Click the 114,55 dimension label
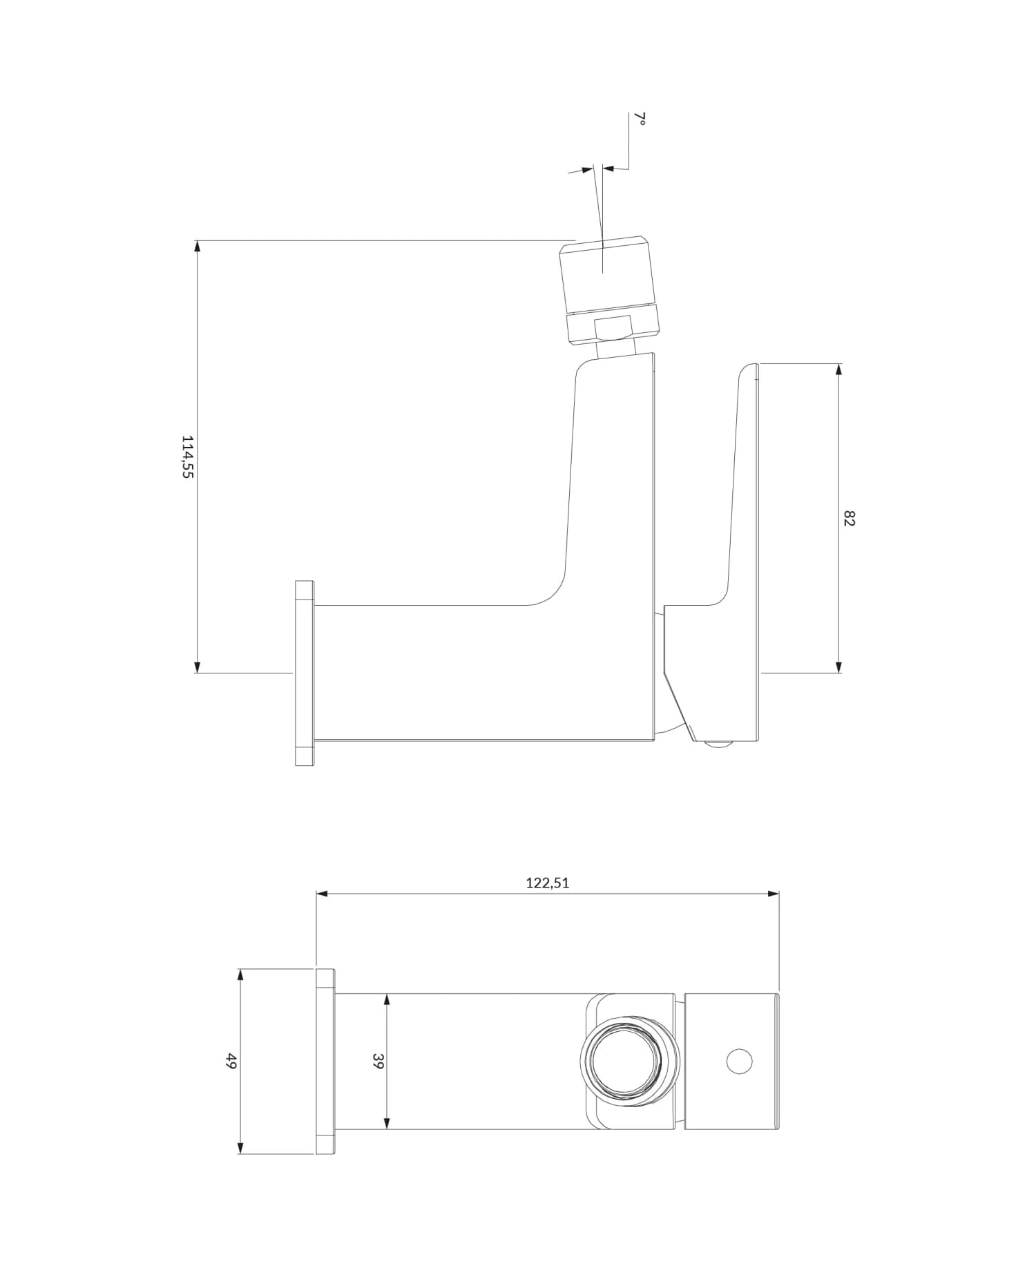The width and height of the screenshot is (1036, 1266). (187, 457)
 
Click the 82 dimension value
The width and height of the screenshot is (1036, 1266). (850, 518)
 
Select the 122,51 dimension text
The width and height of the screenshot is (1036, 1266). (547, 883)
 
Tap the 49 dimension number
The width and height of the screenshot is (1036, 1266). (231, 1061)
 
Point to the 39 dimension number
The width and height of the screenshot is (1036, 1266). (378, 1061)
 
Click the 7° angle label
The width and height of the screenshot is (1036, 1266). (640, 119)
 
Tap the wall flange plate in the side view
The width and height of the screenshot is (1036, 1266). (305, 673)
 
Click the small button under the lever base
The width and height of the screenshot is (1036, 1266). (718, 744)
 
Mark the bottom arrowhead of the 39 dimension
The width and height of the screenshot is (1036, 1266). (387, 1123)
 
